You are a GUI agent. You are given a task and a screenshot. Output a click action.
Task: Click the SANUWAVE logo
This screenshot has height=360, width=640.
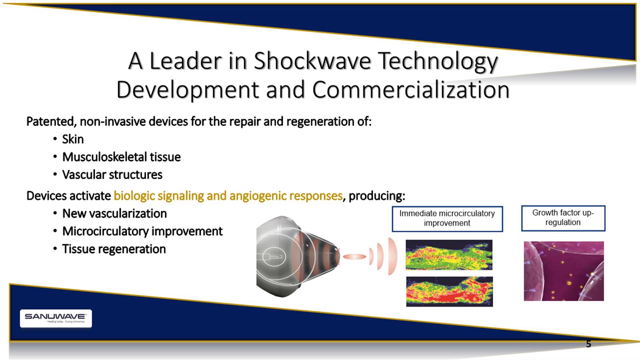click(56, 318)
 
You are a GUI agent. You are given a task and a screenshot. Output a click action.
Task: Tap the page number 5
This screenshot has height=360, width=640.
click(588, 344)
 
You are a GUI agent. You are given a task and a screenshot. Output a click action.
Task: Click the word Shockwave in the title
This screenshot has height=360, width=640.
click(312, 61)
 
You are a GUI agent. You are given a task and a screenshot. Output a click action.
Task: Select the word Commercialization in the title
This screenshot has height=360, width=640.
click(411, 90)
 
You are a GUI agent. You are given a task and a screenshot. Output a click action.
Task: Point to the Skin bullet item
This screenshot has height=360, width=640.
click(73, 140)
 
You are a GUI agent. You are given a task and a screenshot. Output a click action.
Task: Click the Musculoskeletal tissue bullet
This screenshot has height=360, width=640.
click(122, 157)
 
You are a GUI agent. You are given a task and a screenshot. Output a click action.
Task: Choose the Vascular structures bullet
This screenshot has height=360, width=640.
click(112, 174)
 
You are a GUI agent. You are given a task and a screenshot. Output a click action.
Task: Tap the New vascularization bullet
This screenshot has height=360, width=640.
click(114, 214)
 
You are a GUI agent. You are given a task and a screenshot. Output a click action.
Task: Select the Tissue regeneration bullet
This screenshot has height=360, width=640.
click(114, 249)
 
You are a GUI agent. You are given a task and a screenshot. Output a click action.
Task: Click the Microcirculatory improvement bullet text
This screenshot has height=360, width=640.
click(142, 232)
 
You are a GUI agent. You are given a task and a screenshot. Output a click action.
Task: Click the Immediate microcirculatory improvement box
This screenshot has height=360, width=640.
click(448, 219)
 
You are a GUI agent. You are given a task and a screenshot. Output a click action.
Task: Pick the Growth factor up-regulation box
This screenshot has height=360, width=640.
click(563, 218)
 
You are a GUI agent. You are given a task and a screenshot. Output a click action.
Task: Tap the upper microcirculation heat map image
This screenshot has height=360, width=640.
click(449, 255)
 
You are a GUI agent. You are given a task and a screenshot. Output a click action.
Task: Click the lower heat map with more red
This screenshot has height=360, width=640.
click(450, 292)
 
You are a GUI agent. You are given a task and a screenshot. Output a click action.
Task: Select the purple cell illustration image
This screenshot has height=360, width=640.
click(564, 271)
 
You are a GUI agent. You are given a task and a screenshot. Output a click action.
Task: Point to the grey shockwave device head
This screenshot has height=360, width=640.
click(297, 256)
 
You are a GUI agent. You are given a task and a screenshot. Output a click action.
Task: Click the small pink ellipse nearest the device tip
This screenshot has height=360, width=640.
click(354, 256)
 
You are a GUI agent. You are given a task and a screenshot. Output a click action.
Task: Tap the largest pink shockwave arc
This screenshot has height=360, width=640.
click(393, 256)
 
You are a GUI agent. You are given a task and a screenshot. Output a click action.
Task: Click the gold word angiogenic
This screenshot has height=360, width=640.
click(258, 196)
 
